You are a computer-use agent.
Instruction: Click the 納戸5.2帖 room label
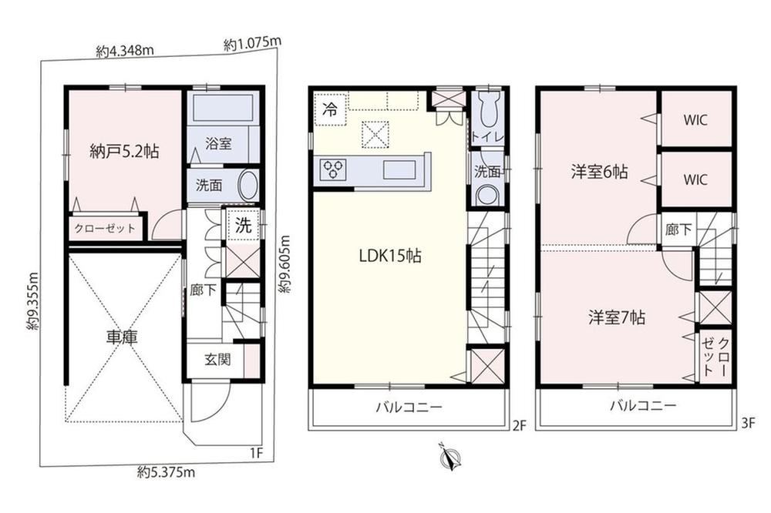pyautogui.click(x=124, y=151)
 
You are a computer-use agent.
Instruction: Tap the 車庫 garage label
pyautogui.click(x=122, y=337)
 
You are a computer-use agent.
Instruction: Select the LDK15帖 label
pyautogui.click(x=390, y=256)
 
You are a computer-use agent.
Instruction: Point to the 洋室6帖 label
pyautogui.click(x=599, y=172)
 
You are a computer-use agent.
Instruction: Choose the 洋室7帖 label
pyautogui.click(x=617, y=317)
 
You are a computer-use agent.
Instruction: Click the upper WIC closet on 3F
pyautogui.click(x=695, y=120)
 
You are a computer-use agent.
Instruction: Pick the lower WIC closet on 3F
pyautogui.click(x=695, y=179)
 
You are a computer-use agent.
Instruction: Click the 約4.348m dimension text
pyautogui.click(x=125, y=51)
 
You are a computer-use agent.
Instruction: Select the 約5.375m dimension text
pyautogui.click(x=167, y=473)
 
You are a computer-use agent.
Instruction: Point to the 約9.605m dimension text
pyautogui.click(x=285, y=264)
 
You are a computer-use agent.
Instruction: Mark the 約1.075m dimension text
pyautogui.click(x=253, y=44)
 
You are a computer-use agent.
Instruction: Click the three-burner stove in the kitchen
pyautogui.click(x=333, y=170)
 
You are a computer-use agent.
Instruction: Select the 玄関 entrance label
pyautogui.click(x=217, y=360)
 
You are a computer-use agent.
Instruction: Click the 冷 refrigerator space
pyautogui.click(x=331, y=109)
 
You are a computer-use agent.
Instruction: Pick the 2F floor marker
pyautogui.click(x=519, y=425)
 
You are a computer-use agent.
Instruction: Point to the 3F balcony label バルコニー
pyautogui.click(x=644, y=405)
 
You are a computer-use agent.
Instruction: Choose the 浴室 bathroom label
pyautogui.click(x=218, y=144)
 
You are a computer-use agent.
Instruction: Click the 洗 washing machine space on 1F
pyautogui.click(x=243, y=225)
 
